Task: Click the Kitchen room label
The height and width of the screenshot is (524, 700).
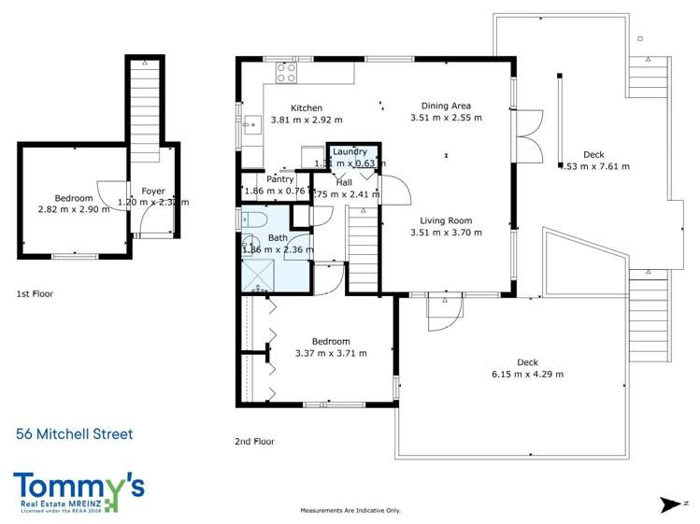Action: (307, 107)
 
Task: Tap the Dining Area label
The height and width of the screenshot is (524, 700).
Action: (446, 106)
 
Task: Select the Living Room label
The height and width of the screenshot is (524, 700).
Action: (446, 220)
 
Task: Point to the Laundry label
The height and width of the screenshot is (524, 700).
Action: (350, 151)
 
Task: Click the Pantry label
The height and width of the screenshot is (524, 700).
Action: (280, 179)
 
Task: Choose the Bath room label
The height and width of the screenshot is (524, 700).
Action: (278, 238)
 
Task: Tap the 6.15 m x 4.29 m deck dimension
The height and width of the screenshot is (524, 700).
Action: (527, 374)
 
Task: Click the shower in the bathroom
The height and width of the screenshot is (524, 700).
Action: (261, 272)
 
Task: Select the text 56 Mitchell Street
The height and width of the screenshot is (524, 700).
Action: (75, 433)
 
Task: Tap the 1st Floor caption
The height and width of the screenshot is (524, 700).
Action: (35, 294)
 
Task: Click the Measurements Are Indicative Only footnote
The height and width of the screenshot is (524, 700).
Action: (350, 510)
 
